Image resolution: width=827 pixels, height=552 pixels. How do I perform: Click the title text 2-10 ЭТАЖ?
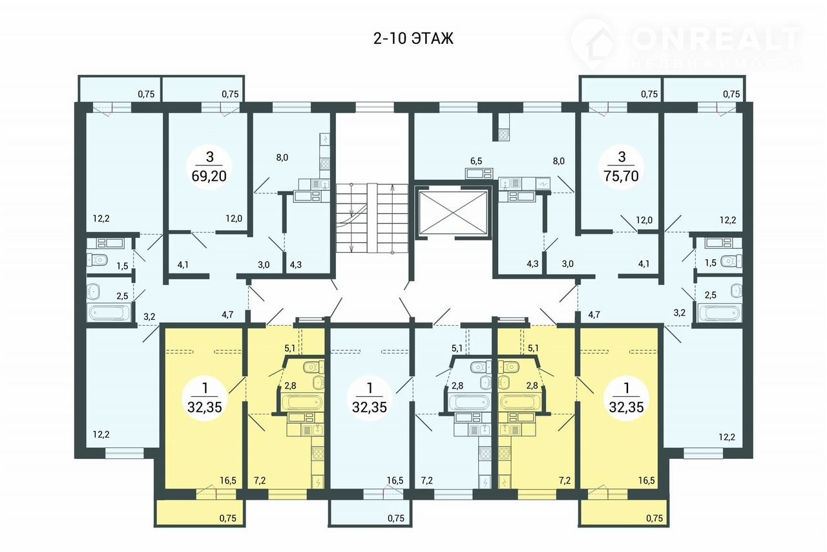(413, 38)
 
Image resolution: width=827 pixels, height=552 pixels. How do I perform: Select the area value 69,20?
(209, 176)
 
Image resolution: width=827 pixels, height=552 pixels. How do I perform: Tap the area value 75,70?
(622, 176)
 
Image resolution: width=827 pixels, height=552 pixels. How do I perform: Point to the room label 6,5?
(476, 161)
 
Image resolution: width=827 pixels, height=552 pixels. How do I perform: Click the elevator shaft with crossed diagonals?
(454, 213)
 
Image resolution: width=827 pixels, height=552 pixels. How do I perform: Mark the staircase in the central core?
(372, 218)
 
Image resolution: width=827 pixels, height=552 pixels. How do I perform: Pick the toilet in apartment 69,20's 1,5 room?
(97, 259)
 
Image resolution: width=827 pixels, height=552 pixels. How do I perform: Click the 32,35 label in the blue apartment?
(370, 407)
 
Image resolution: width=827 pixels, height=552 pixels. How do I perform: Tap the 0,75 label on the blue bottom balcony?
(396, 518)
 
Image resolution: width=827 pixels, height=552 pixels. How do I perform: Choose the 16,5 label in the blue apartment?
(395, 480)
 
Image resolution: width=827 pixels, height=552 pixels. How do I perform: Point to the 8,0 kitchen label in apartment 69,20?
(282, 158)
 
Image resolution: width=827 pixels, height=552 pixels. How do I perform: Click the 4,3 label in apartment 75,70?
(532, 264)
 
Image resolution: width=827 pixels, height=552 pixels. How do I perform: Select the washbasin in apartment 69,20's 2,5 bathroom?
(93, 292)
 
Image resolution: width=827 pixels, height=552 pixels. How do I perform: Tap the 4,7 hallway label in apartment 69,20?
(227, 315)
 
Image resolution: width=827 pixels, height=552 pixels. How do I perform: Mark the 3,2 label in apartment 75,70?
(679, 313)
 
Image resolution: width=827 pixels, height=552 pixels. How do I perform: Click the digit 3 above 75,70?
(622, 157)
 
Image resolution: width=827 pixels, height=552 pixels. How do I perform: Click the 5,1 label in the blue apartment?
(457, 348)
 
